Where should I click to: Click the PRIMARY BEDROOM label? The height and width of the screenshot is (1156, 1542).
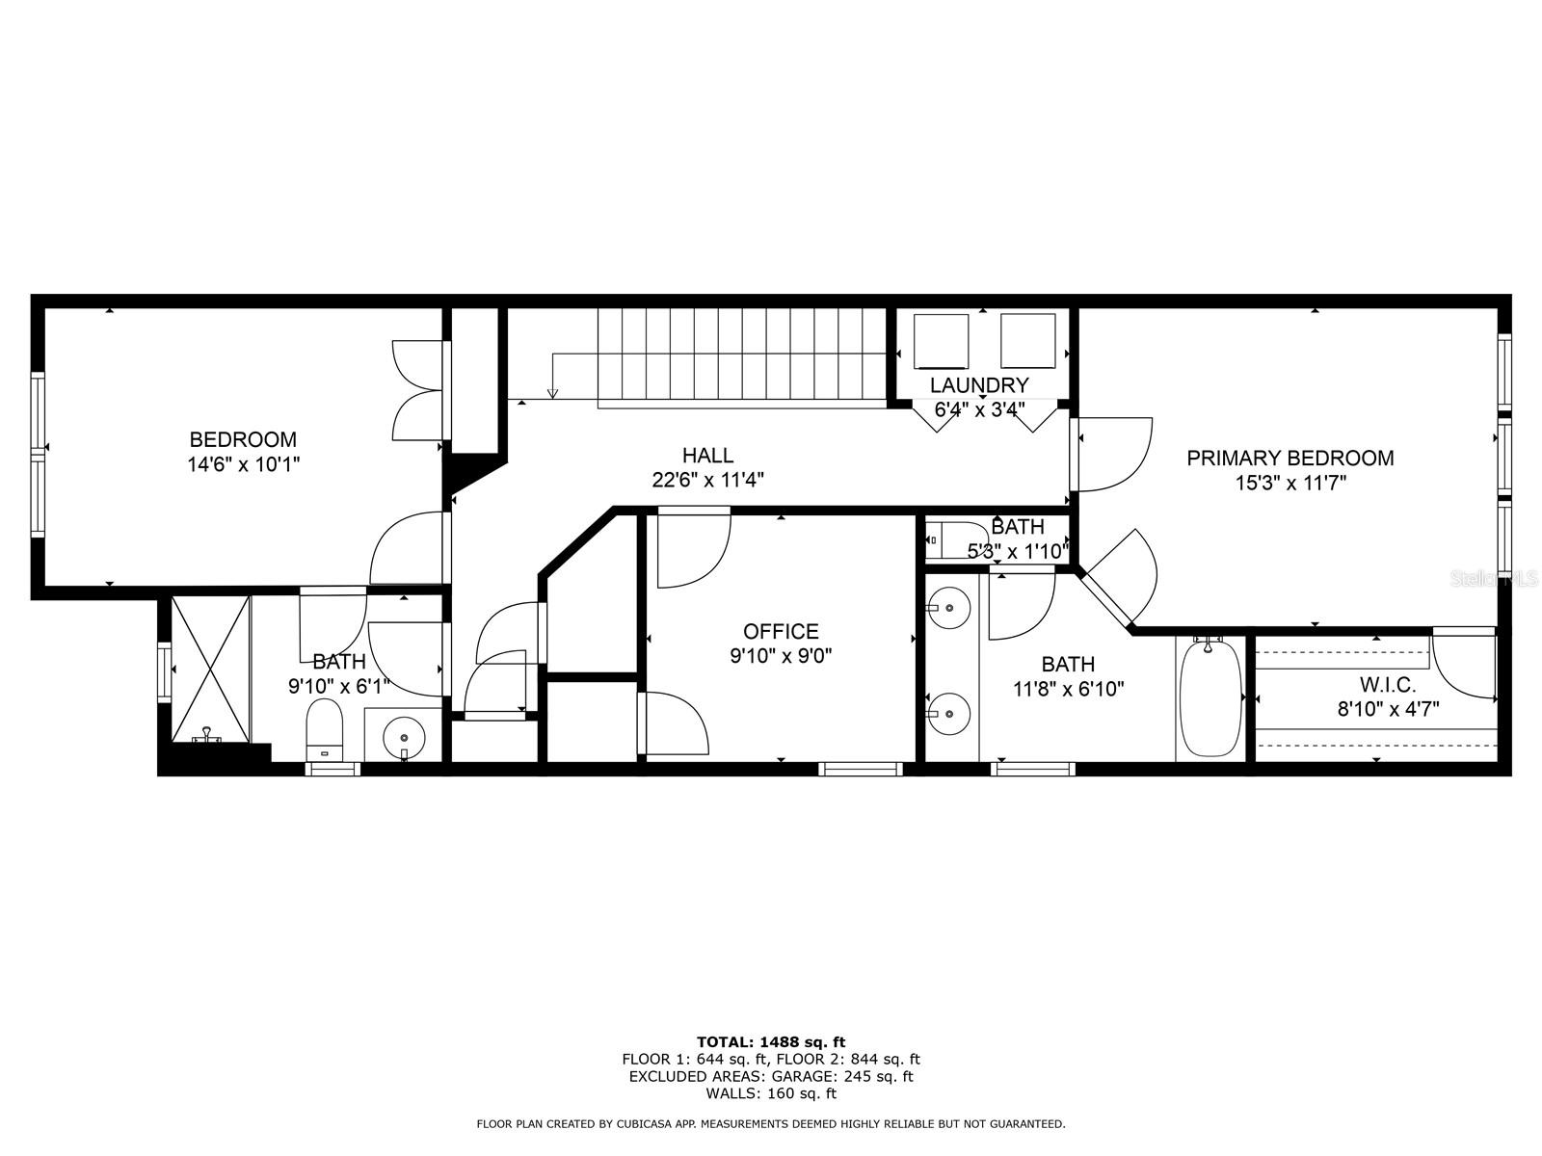(1289, 459)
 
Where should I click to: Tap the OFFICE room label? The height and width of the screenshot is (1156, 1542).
(781, 632)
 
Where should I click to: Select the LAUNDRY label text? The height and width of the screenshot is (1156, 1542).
(979, 385)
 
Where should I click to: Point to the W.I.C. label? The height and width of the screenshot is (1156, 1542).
(1387, 685)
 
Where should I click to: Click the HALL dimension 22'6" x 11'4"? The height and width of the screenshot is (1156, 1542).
(708, 480)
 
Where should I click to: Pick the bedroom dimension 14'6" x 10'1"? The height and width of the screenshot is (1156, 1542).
(243, 464)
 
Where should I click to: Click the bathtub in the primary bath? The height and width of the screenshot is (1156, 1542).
(1210, 698)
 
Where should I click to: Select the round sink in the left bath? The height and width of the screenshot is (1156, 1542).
(403, 738)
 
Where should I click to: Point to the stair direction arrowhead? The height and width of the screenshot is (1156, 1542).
(552, 393)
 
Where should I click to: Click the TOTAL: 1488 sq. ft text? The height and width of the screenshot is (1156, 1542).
(770, 1041)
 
